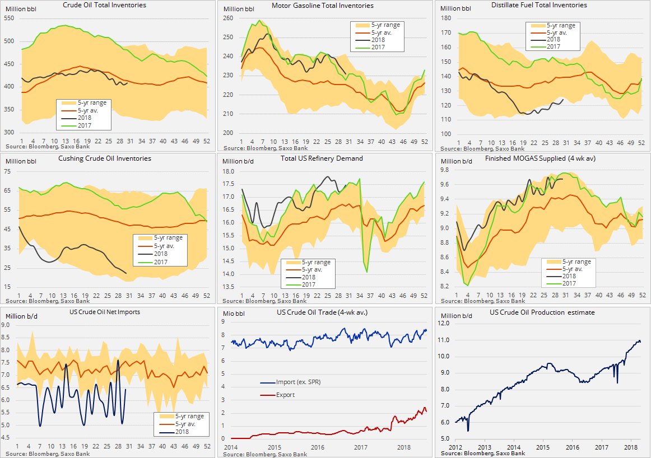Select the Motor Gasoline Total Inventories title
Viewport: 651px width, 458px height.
pyautogui.click(x=322, y=6)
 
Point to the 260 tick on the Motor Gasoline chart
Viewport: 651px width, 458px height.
pyautogui.click(x=229, y=18)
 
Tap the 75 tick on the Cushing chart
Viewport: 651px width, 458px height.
pyautogui.click(x=9, y=172)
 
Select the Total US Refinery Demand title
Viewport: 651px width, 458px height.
pyautogui.click(x=322, y=158)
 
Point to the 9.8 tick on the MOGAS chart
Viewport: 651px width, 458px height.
pyautogui.click(x=447, y=170)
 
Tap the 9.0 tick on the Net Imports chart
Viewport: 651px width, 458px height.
pyautogui.click(x=8, y=325)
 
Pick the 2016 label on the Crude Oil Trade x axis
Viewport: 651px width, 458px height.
pyautogui.click(x=318, y=448)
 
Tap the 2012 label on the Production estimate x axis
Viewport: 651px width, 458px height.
pyautogui.click(x=455, y=448)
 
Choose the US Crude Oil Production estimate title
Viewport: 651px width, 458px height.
pyautogui.click(x=542, y=312)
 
